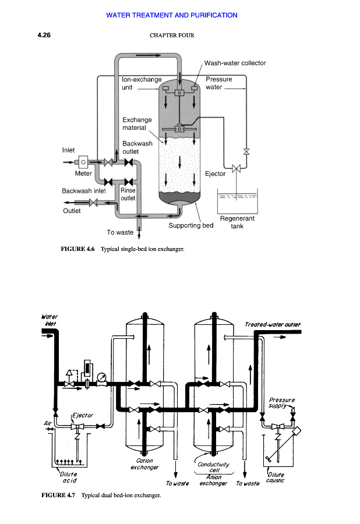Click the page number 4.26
point(44,35)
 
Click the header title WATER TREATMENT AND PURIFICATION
point(172,15)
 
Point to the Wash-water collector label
point(235,63)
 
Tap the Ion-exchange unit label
point(142,83)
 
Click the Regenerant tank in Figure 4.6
point(237,201)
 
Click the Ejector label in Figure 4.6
point(216,174)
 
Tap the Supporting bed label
point(191,225)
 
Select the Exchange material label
point(137,123)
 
